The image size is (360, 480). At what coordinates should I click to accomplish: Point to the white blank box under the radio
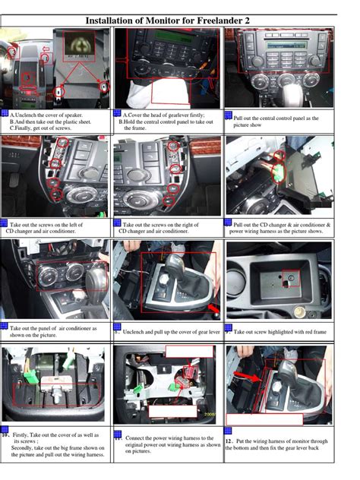click(177, 92)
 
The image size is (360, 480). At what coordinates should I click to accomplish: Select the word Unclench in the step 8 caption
click(137, 331)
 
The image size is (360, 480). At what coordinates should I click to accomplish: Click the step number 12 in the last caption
click(229, 441)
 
